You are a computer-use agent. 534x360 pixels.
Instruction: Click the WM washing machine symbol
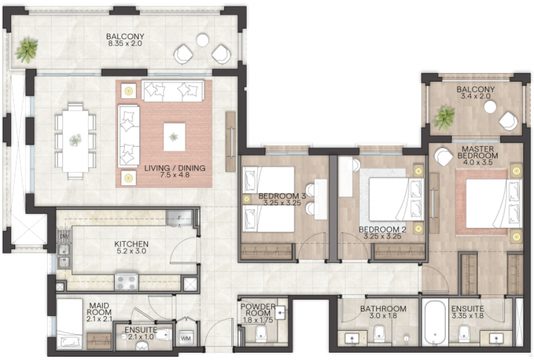pos(185,338)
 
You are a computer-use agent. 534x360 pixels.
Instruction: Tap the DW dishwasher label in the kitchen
pos(64,236)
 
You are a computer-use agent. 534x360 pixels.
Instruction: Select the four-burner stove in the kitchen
pos(126,282)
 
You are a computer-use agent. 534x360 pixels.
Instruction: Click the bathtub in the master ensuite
pos(435,323)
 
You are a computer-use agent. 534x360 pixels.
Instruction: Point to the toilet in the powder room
pos(261,334)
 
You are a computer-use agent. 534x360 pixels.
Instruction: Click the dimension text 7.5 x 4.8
pos(175,175)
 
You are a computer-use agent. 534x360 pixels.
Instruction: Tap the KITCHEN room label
pos(131,244)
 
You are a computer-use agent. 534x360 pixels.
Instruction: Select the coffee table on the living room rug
pos(174,137)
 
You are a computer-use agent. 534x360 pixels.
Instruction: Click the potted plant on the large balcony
pos(26,51)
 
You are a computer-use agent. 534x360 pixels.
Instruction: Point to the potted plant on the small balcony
pos(444,118)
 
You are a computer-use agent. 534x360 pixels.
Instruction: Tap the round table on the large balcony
pos(202,40)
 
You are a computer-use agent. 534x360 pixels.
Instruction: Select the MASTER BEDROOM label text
pos(478,152)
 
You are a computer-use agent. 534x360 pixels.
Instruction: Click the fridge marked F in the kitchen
pos(179,218)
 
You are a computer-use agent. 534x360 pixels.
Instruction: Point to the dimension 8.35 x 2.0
pos(126,44)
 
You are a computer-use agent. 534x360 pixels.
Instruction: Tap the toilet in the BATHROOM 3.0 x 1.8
pos(379,333)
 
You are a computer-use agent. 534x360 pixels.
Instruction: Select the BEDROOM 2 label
pos(382,229)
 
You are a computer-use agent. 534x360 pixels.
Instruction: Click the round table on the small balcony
pos(490,107)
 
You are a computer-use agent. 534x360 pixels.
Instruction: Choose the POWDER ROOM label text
pos(258,310)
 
